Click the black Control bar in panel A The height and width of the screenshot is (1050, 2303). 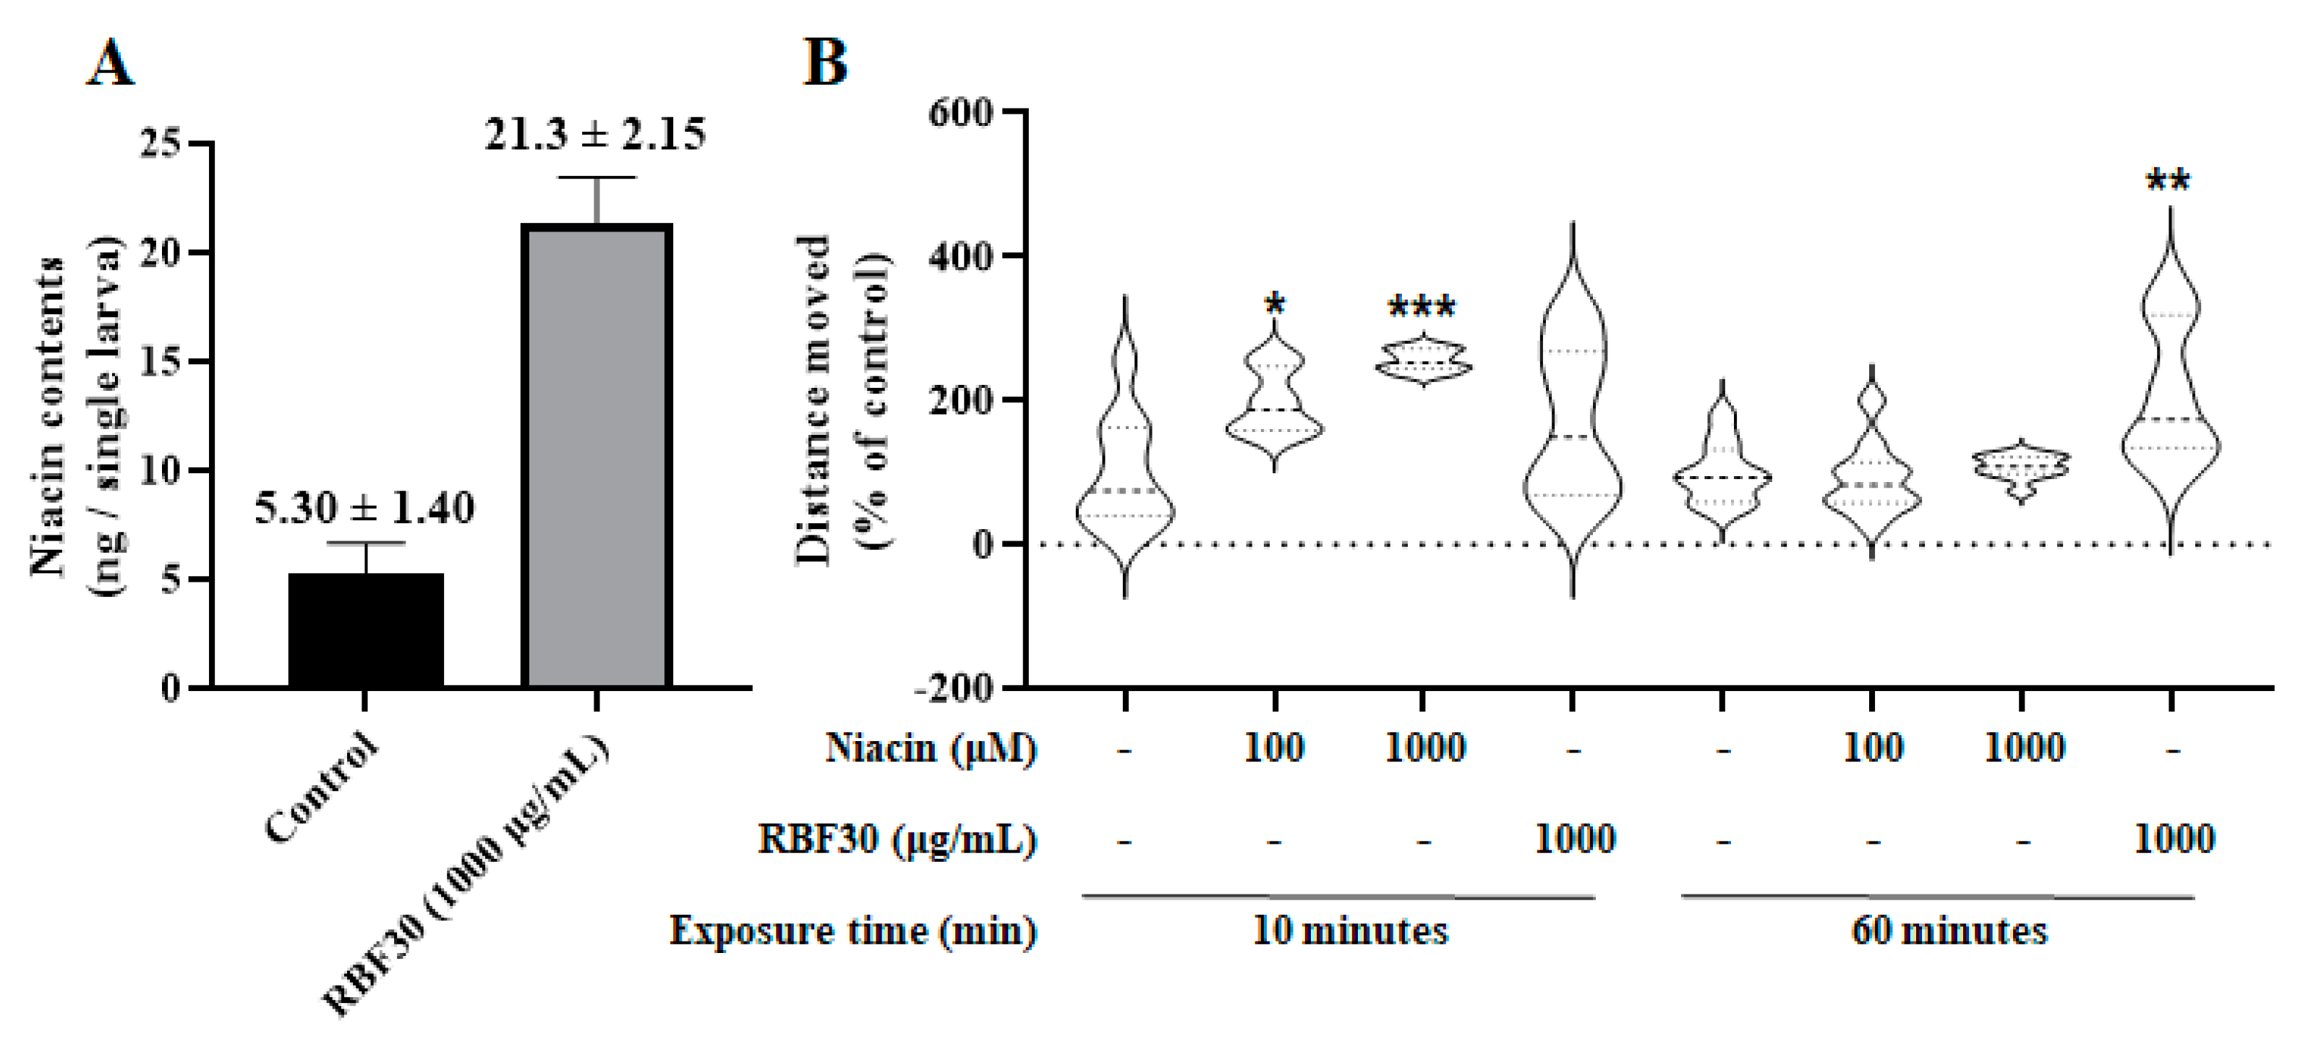point(366,630)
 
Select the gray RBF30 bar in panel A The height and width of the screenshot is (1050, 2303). point(597,456)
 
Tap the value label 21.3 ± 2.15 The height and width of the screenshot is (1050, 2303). point(595,134)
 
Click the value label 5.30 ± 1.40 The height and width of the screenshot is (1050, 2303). point(364,508)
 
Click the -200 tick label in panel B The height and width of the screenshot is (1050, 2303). point(953,690)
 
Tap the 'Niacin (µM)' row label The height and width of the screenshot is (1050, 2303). point(931,748)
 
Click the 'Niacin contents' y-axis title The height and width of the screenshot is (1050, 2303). point(48,416)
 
